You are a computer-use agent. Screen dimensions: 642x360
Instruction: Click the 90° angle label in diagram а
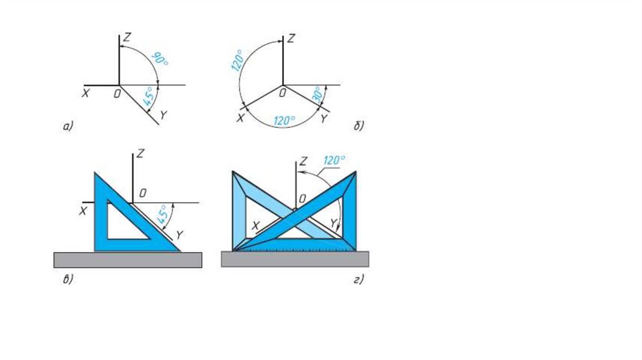[x=160, y=60]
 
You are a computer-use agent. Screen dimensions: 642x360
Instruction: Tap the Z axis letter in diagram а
[x=127, y=38]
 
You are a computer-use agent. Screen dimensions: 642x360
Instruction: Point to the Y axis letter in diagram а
[x=164, y=115]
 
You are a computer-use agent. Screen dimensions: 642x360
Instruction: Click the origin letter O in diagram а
[x=115, y=93]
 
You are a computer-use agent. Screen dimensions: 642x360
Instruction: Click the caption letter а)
[x=68, y=127]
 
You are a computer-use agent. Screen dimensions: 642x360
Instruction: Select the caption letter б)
[x=359, y=127]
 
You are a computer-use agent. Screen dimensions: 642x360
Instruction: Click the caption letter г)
[x=358, y=280]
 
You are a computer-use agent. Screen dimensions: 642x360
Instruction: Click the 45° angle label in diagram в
[x=164, y=214]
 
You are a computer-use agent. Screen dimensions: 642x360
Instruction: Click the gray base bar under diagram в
[x=128, y=260]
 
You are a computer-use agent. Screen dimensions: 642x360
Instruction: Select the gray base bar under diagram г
[x=295, y=259]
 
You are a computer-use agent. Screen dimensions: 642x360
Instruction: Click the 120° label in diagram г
[x=334, y=161]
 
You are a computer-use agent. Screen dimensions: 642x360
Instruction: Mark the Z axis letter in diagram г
[x=304, y=161]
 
